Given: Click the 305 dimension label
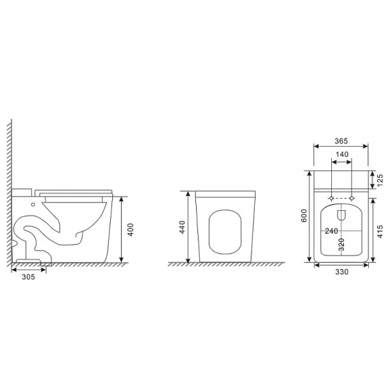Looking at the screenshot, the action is [x=28, y=276].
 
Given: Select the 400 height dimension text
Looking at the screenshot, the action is [x=130, y=230].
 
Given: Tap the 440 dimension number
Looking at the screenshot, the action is [x=182, y=227].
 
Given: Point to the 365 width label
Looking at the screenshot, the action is [x=341, y=141].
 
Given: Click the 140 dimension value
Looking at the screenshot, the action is [x=342, y=154].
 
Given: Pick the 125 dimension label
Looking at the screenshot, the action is [x=380, y=180].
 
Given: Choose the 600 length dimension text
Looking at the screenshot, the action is [x=303, y=216].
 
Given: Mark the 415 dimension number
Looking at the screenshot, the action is [x=380, y=232].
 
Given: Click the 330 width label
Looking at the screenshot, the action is [x=341, y=272].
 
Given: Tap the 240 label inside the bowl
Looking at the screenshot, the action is [x=331, y=230].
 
